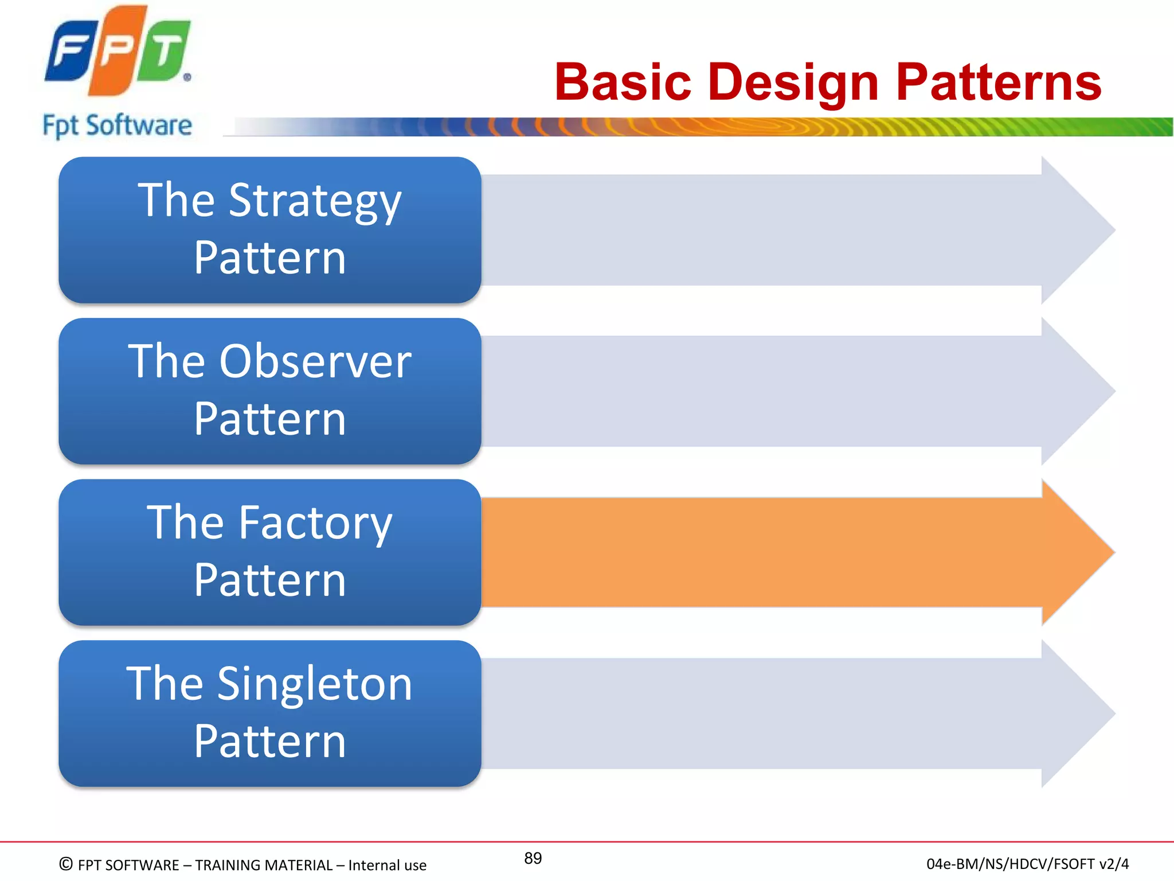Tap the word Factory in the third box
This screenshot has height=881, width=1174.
pyautogui.click(x=315, y=523)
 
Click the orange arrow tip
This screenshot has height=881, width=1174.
pyautogui.click(x=1078, y=552)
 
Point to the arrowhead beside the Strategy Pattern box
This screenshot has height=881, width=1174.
pyautogui.click(x=1078, y=230)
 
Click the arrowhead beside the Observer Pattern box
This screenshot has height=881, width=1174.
pyautogui.click(x=1078, y=391)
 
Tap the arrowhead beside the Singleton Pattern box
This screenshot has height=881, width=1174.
pyautogui.click(x=1078, y=714)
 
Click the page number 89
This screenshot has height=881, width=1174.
pyautogui.click(x=533, y=858)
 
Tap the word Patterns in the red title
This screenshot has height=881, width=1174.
pyautogui.click(x=998, y=83)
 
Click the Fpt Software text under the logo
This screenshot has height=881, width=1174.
pyautogui.click(x=118, y=126)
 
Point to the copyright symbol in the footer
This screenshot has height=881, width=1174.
pyautogui.click(x=66, y=864)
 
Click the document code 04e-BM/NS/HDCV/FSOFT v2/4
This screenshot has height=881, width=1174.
pyautogui.click(x=1027, y=864)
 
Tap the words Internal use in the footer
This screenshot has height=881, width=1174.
pyautogui.click(x=387, y=865)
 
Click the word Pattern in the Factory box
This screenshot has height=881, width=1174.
pyautogui.click(x=269, y=580)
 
